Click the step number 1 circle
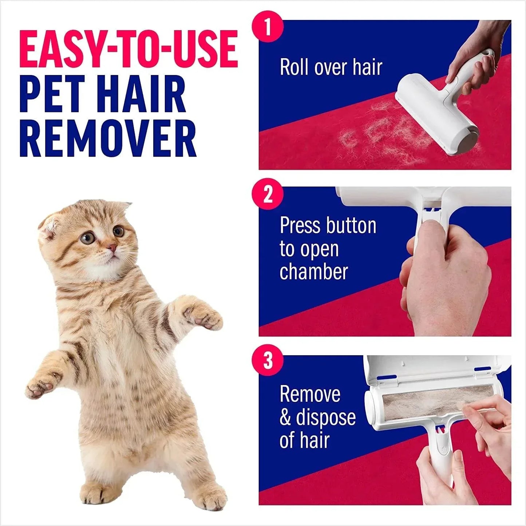pos(268,27)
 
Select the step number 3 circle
pos(268,360)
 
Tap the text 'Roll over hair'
pos(331,67)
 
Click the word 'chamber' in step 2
pos(313,272)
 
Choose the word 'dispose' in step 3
pos(325,418)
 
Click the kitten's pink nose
pos(112,249)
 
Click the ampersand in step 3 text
pos(285,418)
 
